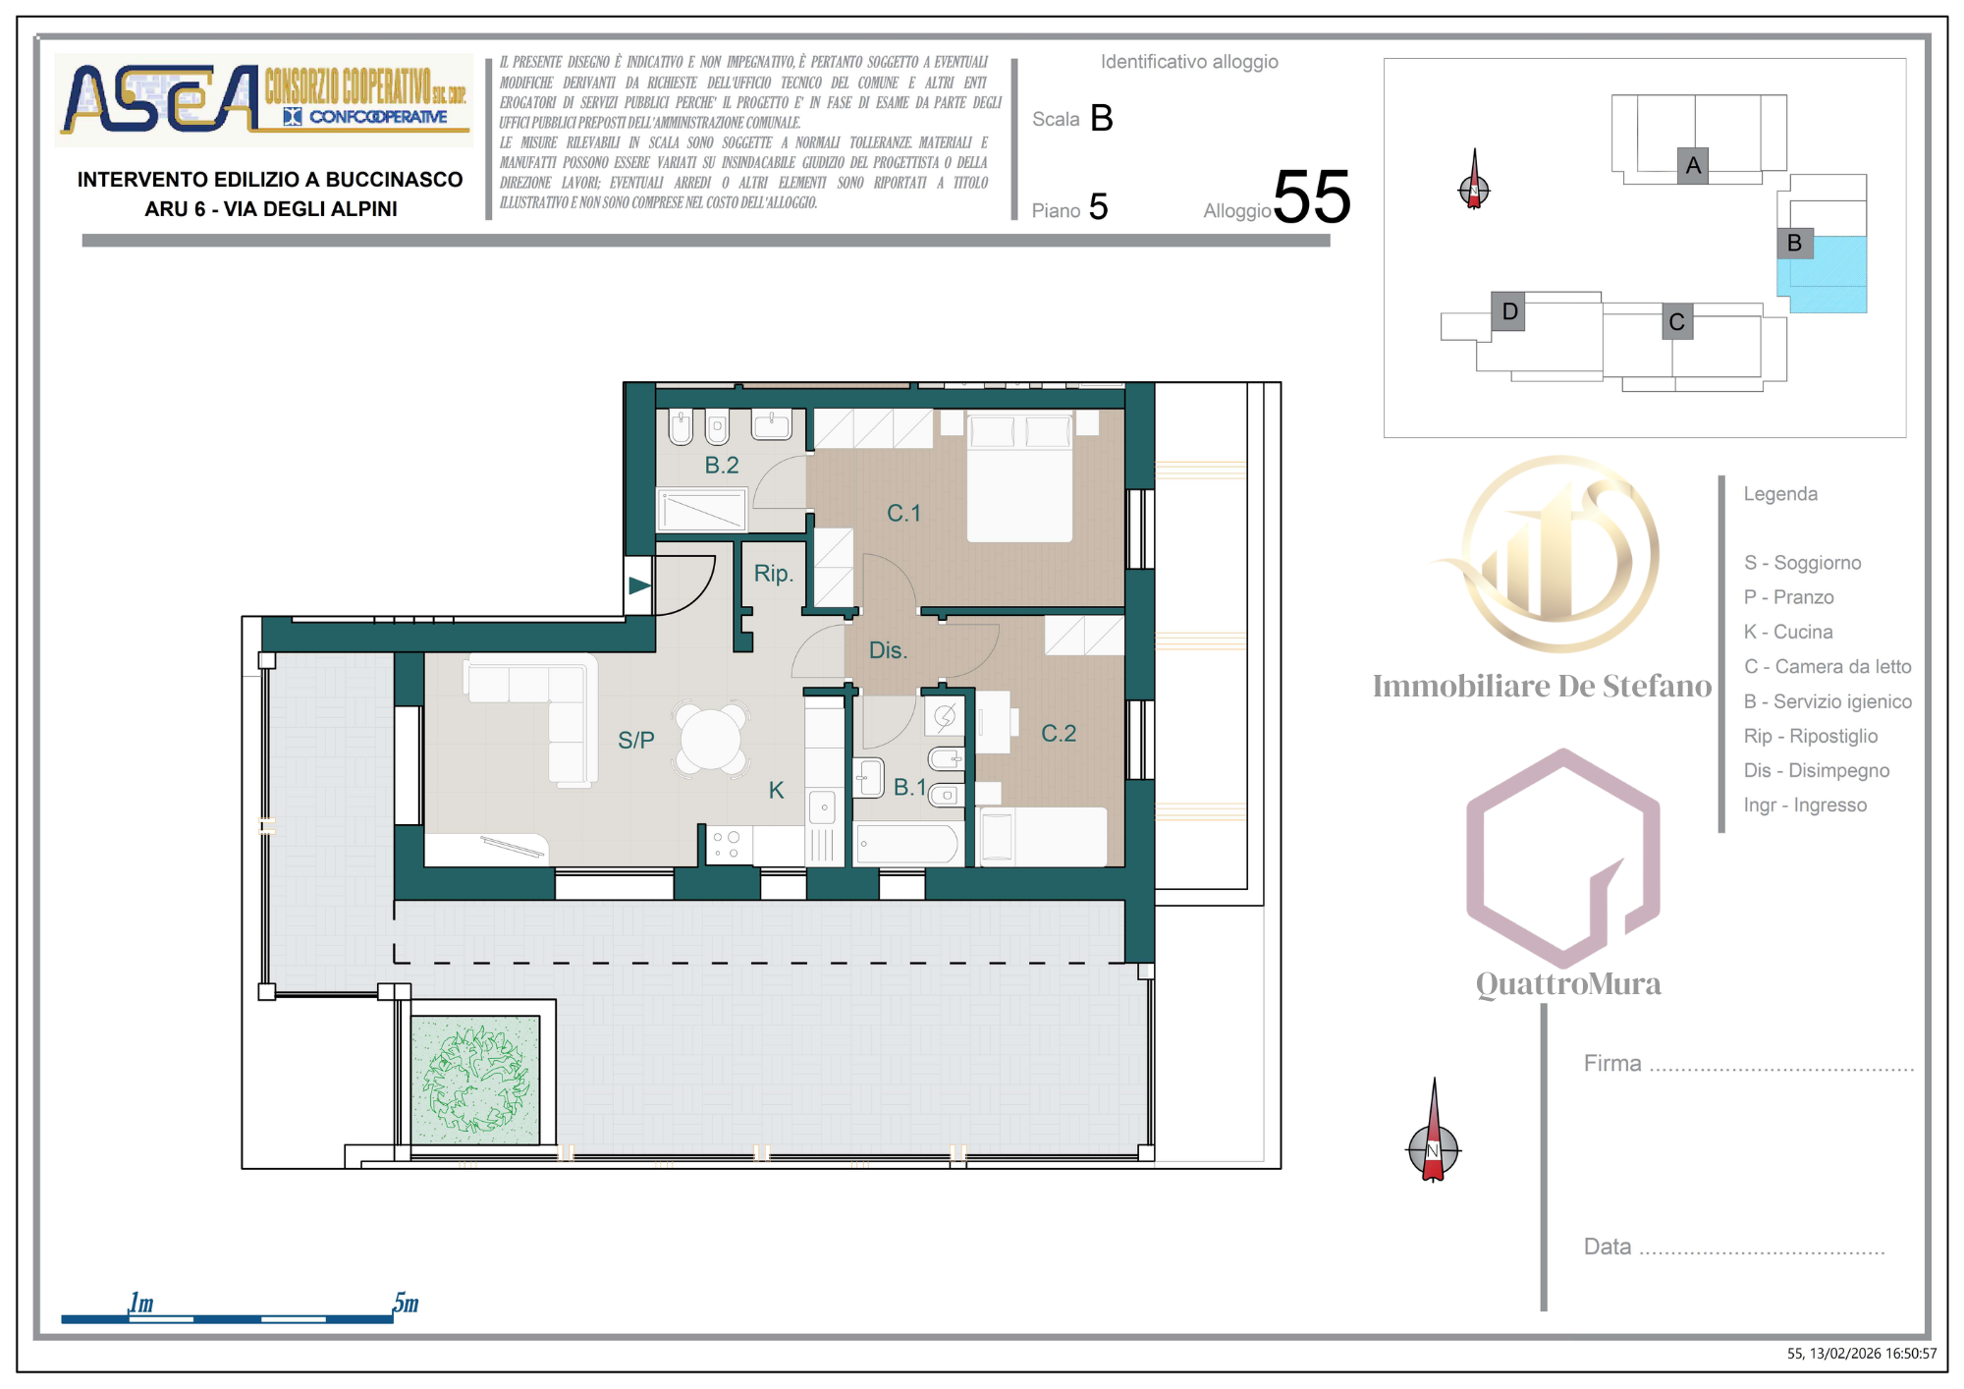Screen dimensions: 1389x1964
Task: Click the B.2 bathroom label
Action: pyautogui.click(x=722, y=465)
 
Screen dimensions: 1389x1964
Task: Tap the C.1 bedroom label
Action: pyautogui.click(x=903, y=513)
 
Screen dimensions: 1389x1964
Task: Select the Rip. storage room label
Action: pyautogui.click(x=773, y=574)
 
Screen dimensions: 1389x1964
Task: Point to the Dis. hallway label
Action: pyautogui.click(x=888, y=650)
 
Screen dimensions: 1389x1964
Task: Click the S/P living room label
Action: pyautogui.click(x=636, y=740)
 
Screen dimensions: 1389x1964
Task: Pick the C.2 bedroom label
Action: pyautogui.click(x=1059, y=733)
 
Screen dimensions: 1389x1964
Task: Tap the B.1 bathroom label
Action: pyautogui.click(x=909, y=787)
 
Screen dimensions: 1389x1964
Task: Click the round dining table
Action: pyautogui.click(x=711, y=740)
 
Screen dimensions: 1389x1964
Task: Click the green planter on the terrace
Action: pyautogui.click(x=475, y=1080)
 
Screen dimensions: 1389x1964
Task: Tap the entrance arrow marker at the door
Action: pyautogui.click(x=639, y=585)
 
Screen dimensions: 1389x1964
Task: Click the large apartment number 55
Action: pyautogui.click(x=1312, y=197)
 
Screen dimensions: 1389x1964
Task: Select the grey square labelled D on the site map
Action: pyautogui.click(x=1508, y=311)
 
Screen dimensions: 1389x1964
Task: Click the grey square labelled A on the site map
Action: pyautogui.click(x=1692, y=165)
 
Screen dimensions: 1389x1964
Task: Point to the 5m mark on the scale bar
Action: pyautogui.click(x=405, y=1304)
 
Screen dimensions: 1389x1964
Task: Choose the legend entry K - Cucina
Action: pyautogui.click(x=1787, y=632)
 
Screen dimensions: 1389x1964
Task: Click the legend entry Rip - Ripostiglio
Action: pyautogui.click(x=1810, y=736)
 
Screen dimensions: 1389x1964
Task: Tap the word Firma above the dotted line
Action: pyautogui.click(x=1612, y=1063)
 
